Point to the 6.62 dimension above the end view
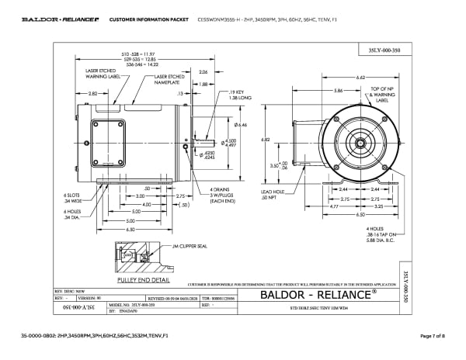click(x=361, y=78)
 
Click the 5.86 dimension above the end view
click(x=338, y=91)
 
